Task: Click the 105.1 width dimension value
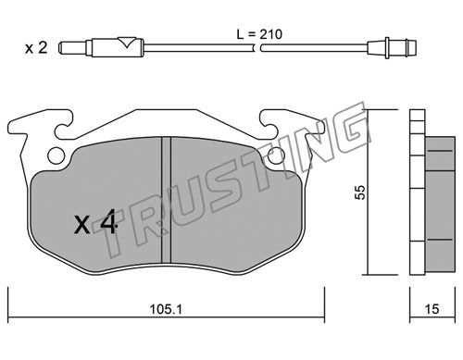click(x=166, y=308)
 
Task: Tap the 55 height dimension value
click(x=360, y=192)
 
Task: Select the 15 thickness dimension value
click(x=432, y=309)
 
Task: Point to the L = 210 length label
click(x=259, y=34)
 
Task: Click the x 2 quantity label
click(x=36, y=48)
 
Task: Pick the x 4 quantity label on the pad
click(x=94, y=221)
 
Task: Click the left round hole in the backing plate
click(x=56, y=155)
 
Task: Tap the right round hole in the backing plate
click(x=277, y=155)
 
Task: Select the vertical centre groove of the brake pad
click(x=166, y=200)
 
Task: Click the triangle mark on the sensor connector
click(x=127, y=42)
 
